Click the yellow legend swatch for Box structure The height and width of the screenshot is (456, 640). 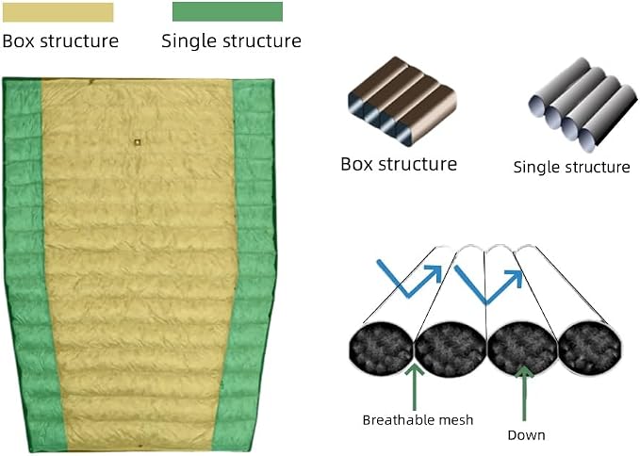pyautogui.click(x=57, y=12)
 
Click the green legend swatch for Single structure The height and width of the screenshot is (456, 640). pyautogui.click(x=227, y=11)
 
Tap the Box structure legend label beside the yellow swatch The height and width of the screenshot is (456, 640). pyautogui.click(x=60, y=41)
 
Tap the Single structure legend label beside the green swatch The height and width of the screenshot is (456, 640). pyautogui.click(x=232, y=41)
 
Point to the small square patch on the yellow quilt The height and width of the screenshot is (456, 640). pyautogui.click(x=138, y=142)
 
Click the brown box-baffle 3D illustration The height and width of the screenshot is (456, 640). pyautogui.click(x=402, y=101)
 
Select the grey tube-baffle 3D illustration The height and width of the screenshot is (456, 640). pyautogui.click(x=583, y=105)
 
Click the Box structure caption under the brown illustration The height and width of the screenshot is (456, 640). pyautogui.click(x=399, y=164)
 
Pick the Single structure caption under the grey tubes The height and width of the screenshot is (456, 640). pyautogui.click(x=571, y=167)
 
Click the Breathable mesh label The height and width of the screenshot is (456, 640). pyautogui.click(x=418, y=420)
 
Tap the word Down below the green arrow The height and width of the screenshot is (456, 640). pyautogui.click(x=526, y=435)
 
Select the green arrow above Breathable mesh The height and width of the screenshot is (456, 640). pyautogui.click(x=415, y=386)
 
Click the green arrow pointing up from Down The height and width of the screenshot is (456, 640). pyautogui.click(x=524, y=393)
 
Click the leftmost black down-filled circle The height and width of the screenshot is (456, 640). pyautogui.click(x=382, y=348)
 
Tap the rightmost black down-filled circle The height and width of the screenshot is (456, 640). pyautogui.click(x=590, y=348)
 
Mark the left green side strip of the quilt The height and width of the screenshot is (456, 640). pyautogui.click(x=28, y=265)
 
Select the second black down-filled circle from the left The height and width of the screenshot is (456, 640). pyautogui.click(x=451, y=348)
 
